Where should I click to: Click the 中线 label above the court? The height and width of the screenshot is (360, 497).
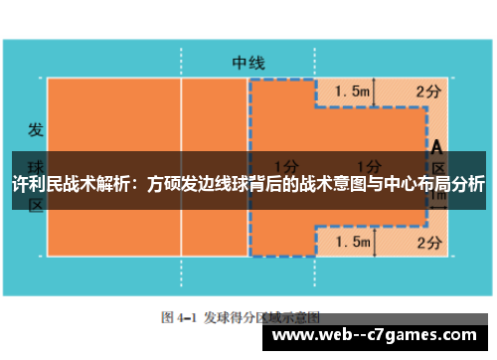(248, 62)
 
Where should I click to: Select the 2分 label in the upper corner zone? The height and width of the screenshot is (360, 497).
(428, 91)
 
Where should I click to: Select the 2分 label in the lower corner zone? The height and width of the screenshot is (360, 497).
(428, 242)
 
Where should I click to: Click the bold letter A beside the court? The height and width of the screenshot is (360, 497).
(436, 146)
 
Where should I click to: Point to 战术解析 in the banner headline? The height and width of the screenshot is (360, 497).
(100, 184)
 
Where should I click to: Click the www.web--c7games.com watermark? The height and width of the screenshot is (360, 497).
(379, 336)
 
